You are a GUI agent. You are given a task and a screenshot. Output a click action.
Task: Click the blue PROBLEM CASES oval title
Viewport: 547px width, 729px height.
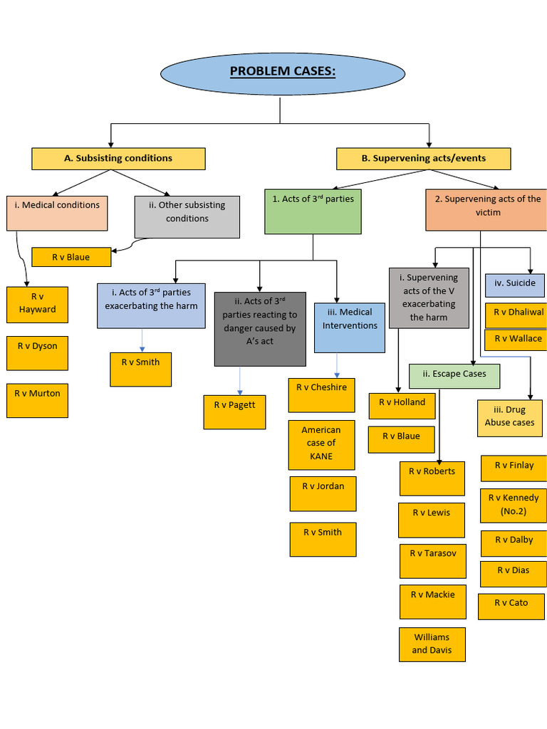tap(283, 72)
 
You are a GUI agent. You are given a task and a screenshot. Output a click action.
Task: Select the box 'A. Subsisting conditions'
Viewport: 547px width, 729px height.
tap(118, 159)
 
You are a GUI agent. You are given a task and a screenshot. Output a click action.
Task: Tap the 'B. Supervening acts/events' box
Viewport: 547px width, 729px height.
tap(423, 159)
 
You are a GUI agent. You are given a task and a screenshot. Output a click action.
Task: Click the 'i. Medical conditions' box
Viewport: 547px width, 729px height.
tap(57, 213)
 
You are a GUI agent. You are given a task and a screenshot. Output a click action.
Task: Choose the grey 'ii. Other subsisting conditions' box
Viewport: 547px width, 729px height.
tap(187, 216)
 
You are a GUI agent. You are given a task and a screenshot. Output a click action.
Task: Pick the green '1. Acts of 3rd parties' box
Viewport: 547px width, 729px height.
tap(313, 211)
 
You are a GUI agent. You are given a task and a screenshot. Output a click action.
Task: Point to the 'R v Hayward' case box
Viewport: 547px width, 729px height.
tap(37, 305)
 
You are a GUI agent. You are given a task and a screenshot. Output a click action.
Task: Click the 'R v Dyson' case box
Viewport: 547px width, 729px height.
tap(37, 352)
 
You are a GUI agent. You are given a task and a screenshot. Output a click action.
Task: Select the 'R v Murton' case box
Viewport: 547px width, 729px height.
tap(37, 399)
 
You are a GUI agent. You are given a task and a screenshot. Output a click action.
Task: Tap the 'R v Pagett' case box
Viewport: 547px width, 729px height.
tap(234, 411)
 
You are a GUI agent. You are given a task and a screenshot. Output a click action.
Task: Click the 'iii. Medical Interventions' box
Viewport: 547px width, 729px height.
tap(350, 327)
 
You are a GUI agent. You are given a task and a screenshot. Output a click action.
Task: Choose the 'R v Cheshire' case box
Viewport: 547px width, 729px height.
tap(321, 394)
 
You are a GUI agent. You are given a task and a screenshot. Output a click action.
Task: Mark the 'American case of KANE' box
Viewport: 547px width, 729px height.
tap(321, 444)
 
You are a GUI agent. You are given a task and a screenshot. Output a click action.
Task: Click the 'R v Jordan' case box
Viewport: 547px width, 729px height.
tap(323, 493)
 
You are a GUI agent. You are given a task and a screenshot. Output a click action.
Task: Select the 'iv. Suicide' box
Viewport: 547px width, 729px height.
tap(515, 285)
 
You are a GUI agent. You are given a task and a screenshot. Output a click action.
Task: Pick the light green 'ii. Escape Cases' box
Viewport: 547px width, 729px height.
tap(454, 375)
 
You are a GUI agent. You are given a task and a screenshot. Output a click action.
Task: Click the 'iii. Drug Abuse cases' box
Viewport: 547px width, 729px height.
tap(509, 417)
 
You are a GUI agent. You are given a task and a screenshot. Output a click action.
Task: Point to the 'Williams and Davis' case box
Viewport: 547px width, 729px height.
tap(431, 644)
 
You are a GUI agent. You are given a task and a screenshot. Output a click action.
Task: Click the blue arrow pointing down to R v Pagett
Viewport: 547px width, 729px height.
tap(240, 381)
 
